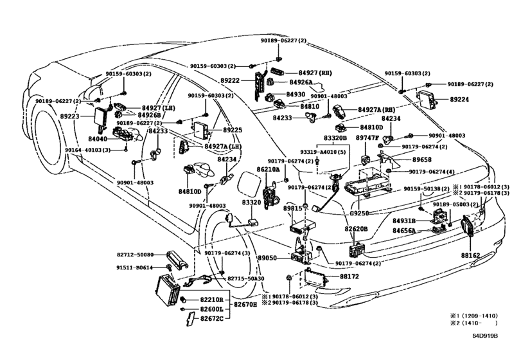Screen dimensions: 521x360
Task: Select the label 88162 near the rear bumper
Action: coord(470,256)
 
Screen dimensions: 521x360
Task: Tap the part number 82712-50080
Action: coord(136,255)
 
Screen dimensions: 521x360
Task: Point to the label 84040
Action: coord(98,139)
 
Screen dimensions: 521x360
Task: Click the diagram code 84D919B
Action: coord(485,336)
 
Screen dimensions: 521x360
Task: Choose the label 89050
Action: coord(267,258)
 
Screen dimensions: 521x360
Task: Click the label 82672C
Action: coord(211,318)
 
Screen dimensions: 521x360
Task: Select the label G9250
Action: coord(359,213)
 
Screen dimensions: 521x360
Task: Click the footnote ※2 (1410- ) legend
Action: coord(474,323)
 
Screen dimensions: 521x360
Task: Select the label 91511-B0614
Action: coord(134,267)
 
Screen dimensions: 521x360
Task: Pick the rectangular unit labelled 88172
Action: coord(314,276)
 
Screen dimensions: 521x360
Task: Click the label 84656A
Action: coord(404,230)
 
